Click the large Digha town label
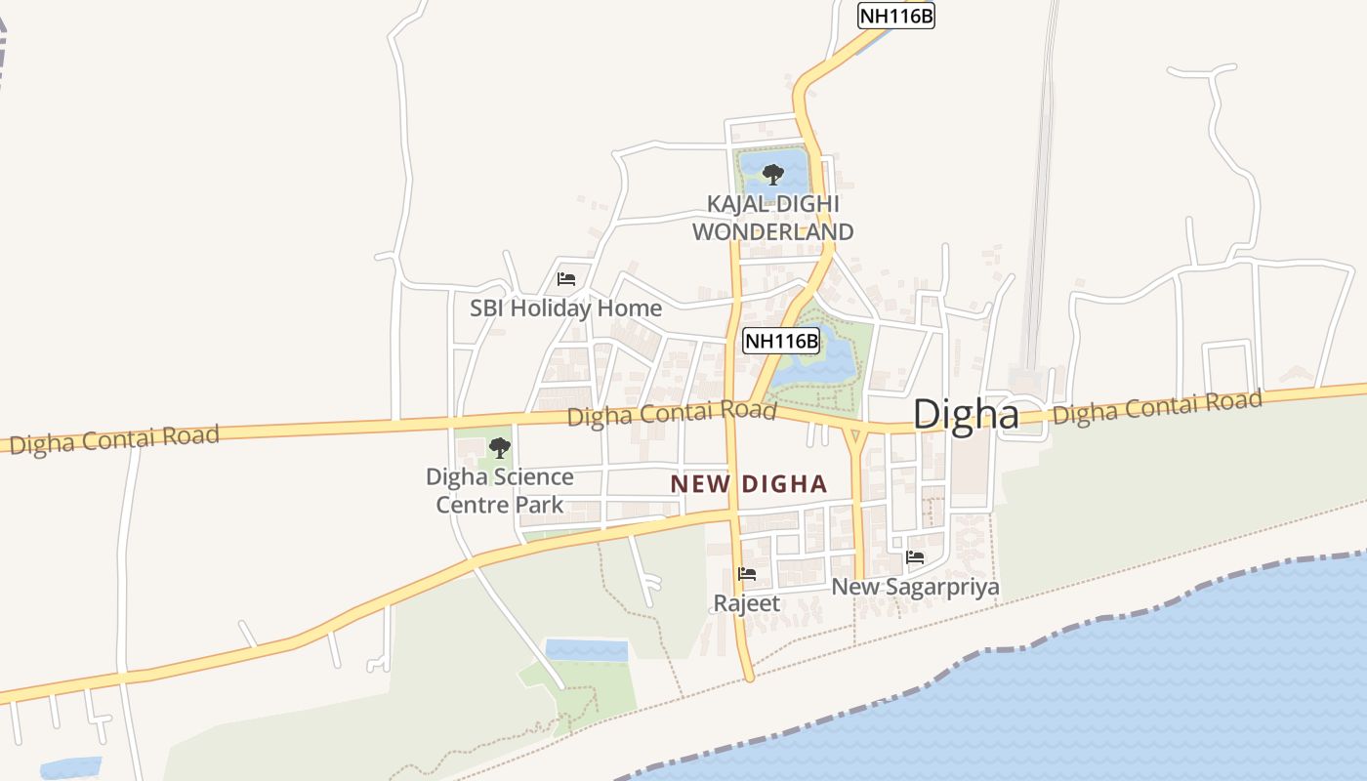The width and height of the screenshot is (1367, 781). point(966,414)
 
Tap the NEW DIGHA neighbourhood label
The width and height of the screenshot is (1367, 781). point(748,483)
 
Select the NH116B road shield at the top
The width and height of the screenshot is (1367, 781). point(895,16)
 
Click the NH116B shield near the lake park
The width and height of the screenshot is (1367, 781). point(780,341)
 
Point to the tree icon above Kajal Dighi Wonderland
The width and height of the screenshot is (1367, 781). point(772,175)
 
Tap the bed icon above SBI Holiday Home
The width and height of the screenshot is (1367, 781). point(565,279)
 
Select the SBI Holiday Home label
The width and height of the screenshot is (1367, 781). point(565,308)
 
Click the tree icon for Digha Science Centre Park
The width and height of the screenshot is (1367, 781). point(499,448)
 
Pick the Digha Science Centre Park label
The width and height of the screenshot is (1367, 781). point(499,490)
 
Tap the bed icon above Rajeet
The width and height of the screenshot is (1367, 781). point(747,573)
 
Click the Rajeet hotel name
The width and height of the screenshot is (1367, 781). point(747,603)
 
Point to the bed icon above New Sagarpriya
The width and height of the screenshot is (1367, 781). point(915,557)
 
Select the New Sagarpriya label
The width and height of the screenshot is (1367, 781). point(915,587)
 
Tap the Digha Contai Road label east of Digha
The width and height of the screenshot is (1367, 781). point(1157,407)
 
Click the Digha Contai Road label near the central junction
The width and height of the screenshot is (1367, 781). point(672,414)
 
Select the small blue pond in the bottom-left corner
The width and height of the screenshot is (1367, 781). point(70,767)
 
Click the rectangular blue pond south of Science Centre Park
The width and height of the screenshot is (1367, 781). point(586,650)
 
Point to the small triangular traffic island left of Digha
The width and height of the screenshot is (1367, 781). point(855,435)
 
